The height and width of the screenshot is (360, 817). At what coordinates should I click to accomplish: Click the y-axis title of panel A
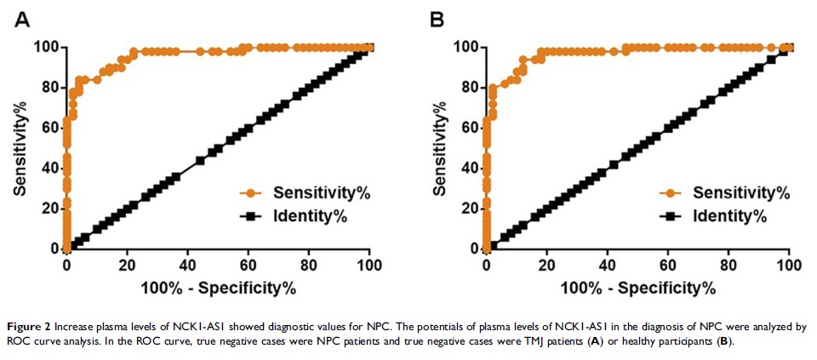(19, 147)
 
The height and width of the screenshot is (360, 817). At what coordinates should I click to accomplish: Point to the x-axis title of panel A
(219, 288)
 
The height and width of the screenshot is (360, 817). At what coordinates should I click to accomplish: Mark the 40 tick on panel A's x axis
(187, 264)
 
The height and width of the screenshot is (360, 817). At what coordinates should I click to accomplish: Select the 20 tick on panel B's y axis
(469, 209)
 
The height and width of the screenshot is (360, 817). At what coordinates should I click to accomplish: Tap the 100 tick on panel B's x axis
(789, 264)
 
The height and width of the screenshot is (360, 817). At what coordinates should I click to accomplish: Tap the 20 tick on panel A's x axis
(127, 264)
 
